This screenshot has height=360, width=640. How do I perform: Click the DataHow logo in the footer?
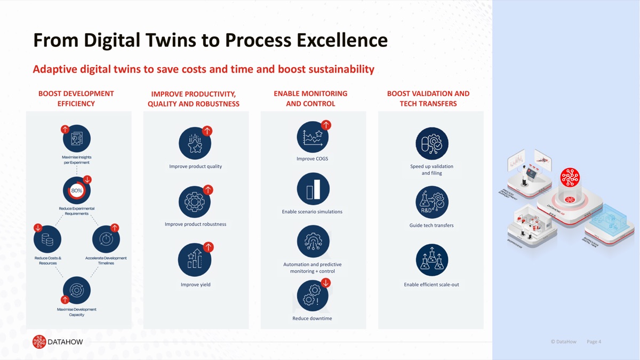click(58, 342)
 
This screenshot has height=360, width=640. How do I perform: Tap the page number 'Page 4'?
click(594, 342)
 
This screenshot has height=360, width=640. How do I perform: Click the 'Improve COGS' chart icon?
click(313, 137)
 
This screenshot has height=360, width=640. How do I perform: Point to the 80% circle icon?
click(77, 190)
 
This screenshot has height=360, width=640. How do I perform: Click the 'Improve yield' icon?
click(195, 260)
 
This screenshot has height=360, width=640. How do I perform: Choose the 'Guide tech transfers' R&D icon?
click(431, 202)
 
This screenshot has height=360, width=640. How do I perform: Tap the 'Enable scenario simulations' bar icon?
click(313, 189)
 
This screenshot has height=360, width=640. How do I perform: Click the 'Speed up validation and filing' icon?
click(431, 143)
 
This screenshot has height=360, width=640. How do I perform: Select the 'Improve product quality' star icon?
click(195, 143)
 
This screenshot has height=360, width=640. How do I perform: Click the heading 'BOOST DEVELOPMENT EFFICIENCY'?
click(76, 99)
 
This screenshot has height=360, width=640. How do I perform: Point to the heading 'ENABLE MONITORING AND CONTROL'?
click(310, 99)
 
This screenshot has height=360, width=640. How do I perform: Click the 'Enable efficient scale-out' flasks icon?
click(431, 260)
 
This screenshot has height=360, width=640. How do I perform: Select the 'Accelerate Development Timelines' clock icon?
click(106, 239)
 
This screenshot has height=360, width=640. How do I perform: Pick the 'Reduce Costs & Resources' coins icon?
click(47, 239)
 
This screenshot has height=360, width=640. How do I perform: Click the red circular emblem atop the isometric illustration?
click(570, 178)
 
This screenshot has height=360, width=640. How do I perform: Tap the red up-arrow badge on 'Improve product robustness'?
click(208, 190)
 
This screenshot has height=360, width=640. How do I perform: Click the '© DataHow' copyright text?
click(563, 342)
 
